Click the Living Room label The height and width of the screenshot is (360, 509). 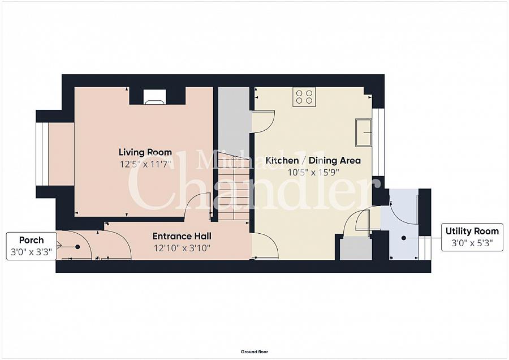[x=145, y=152]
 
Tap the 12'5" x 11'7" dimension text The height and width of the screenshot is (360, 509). [x=145, y=165]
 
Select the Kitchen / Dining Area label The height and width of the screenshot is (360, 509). [x=313, y=161]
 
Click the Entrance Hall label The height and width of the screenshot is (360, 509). [x=182, y=235]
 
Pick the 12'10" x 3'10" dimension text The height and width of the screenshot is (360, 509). [x=182, y=247]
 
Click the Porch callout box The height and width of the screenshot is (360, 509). [x=31, y=246]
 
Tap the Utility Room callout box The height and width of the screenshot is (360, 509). [x=472, y=237]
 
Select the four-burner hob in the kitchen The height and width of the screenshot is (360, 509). [x=304, y=97]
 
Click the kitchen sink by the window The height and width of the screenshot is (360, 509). [x=363, y=132]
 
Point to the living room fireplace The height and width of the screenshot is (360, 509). [x=154, y=98]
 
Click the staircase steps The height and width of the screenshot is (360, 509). [x=234, y=187]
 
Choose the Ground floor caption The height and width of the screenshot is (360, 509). [x=254, y=352]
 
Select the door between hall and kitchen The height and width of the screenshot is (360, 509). [x=264, y=246]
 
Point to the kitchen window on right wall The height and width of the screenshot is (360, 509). [x=381, y=142]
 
